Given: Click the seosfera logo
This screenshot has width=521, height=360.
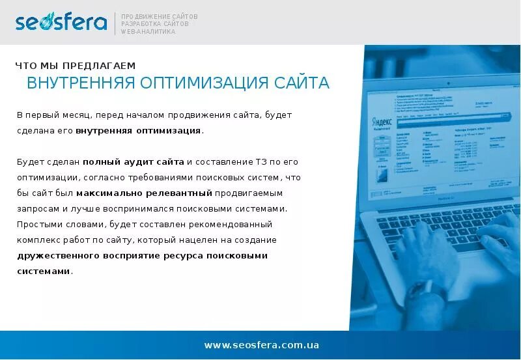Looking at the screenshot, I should click(x=61, y=22).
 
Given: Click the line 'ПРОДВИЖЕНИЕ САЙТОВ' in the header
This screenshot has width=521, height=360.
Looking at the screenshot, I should click(x=160, y=16).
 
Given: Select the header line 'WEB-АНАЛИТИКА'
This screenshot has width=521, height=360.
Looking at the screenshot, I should click(x=148, y=31).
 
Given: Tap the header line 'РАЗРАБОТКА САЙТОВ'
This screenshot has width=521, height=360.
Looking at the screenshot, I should click(x=155, y=23).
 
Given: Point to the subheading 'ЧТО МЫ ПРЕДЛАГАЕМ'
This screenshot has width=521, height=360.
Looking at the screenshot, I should click(x=76, y=65).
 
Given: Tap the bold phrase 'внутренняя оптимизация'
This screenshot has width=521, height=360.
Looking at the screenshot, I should click(x=138, y=131).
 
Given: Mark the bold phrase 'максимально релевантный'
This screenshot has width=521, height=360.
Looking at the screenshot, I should click(x=145, y=193).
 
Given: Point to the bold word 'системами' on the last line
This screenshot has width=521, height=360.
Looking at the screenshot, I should click(x=44, y=271).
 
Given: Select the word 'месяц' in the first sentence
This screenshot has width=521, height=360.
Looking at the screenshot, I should click(x=75, y=115).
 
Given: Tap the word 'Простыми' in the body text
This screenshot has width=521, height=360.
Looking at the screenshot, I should click(x=38, y=225).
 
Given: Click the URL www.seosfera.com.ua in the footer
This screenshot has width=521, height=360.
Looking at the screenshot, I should click(x=261, y=345).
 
